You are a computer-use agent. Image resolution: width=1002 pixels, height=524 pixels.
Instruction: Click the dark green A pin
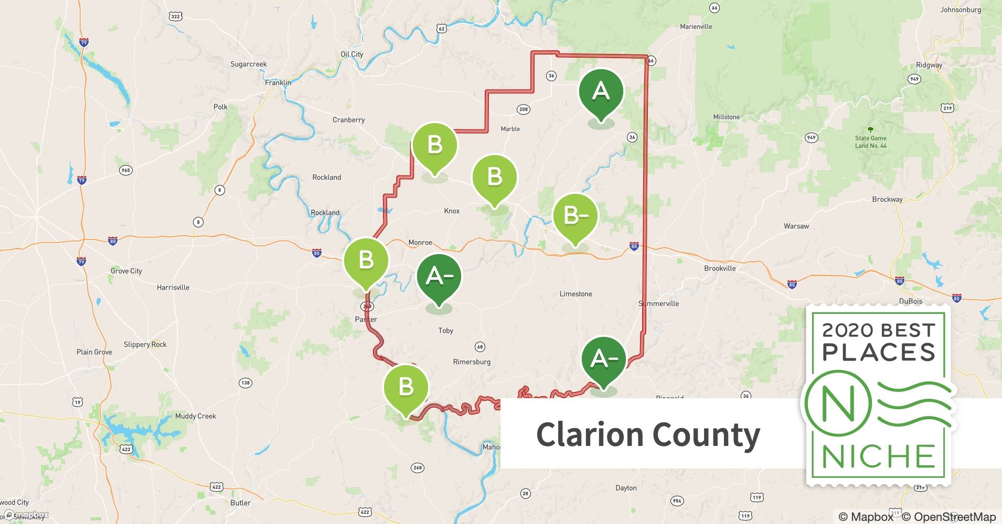(601, 92)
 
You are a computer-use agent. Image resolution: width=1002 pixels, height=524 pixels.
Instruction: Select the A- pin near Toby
(439, 276)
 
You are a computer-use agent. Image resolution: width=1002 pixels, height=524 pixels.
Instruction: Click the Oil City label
(351, 54)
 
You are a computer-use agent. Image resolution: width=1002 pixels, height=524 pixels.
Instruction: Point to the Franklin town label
(278, 82)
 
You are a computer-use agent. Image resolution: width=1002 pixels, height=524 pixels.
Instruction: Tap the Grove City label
(126, 271)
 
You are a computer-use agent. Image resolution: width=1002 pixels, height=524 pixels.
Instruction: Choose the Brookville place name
(720, 268)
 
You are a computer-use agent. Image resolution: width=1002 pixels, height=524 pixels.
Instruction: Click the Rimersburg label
(472, 362)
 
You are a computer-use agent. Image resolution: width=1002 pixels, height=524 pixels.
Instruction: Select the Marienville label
(696, 26)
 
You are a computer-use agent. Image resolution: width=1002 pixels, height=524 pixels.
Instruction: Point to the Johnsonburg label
(960, 9)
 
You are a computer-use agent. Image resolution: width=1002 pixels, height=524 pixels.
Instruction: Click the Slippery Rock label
(145, 344)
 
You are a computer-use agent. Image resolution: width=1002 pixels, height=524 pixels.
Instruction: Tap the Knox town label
(451, 211)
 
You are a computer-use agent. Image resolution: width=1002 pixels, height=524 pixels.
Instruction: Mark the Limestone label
(575, 293)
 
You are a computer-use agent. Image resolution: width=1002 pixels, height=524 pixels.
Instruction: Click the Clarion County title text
(648, 434)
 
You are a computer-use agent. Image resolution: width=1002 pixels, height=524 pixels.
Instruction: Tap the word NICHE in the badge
(878, 456)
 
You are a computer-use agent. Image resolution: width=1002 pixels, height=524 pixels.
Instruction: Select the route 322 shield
(176, 16)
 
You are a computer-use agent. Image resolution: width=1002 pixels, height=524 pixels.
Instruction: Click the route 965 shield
(125, 170)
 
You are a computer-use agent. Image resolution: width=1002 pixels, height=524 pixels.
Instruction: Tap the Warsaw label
(796, 226)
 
